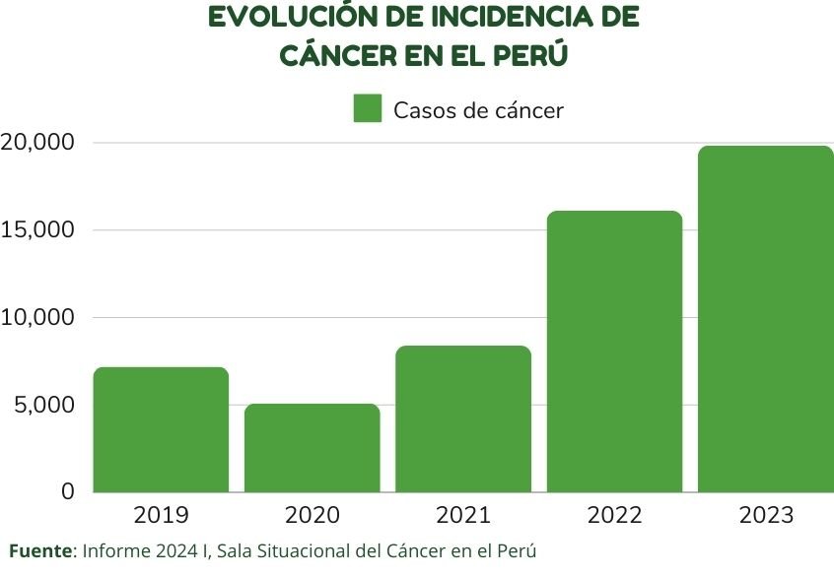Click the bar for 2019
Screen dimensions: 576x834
(161, 429)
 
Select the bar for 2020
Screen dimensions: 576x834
(313, 448)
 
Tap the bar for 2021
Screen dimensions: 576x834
(463, 418)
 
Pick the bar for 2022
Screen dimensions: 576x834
(614, 352)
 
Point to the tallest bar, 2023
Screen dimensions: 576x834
(766, 319)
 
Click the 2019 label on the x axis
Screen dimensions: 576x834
(161, 515)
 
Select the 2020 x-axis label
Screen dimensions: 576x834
(313, 515)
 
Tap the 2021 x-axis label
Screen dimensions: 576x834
(463, 515)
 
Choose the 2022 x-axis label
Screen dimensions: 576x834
(614, 515)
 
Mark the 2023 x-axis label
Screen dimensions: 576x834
(766, 515)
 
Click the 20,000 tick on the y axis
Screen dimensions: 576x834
(37, 143)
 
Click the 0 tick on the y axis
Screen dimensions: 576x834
(67, 491)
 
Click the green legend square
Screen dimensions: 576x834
(368, 109)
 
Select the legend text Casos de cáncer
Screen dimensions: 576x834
(478, 110)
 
